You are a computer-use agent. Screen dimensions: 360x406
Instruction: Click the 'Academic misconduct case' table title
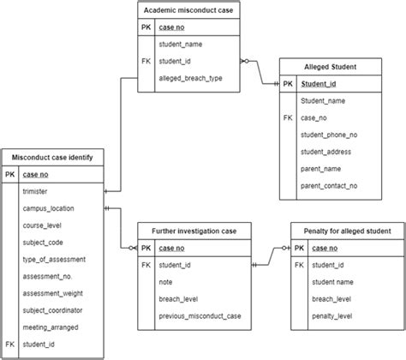pos(189,10)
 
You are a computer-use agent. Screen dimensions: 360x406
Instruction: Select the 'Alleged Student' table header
pos(331,66)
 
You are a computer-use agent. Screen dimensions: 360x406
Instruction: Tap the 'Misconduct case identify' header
pos(52,156)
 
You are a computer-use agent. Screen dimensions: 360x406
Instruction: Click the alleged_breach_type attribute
pos(191,79)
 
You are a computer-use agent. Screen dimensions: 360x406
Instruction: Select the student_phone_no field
pos(329,135)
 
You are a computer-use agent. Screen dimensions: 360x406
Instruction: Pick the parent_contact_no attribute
pos(329,185)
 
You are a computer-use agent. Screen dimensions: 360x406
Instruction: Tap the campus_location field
pos(48,208)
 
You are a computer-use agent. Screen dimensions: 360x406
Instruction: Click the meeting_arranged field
pos(51,327)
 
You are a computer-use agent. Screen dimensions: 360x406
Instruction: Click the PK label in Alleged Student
pos(287,84)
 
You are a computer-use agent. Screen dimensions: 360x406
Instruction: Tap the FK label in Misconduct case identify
pos(9,344)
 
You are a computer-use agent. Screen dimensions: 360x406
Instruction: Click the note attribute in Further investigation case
pos(166,281)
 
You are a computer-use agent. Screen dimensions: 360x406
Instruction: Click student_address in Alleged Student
pos(325,152)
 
